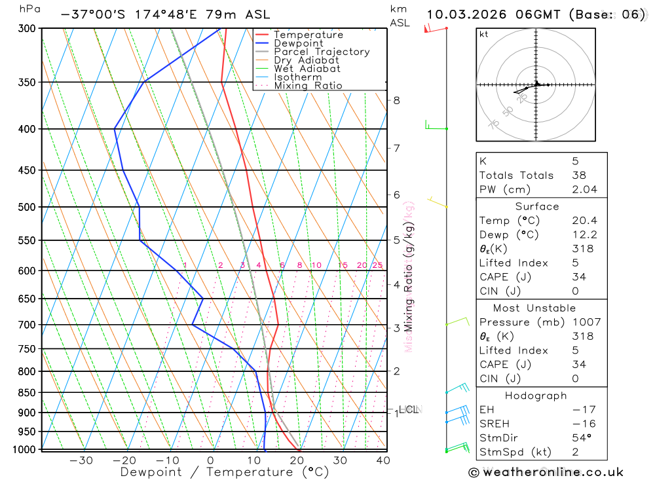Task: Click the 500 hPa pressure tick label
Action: point(28,207)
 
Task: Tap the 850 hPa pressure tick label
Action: point(28,393)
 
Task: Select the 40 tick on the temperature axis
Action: point(383,460)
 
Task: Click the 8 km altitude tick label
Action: point(396,100)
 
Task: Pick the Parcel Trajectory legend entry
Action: point(322,52)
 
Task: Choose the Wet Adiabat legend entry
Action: point(307,69)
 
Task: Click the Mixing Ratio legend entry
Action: point(308,86)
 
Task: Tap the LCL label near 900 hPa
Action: point(409,410)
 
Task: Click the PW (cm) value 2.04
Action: point(584,189)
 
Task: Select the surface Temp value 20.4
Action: point(584,221)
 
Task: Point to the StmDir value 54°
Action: point(581,438)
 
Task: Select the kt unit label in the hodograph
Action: point(484,35)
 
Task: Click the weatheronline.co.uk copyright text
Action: point(546,472)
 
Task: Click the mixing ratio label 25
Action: point(377,265)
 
